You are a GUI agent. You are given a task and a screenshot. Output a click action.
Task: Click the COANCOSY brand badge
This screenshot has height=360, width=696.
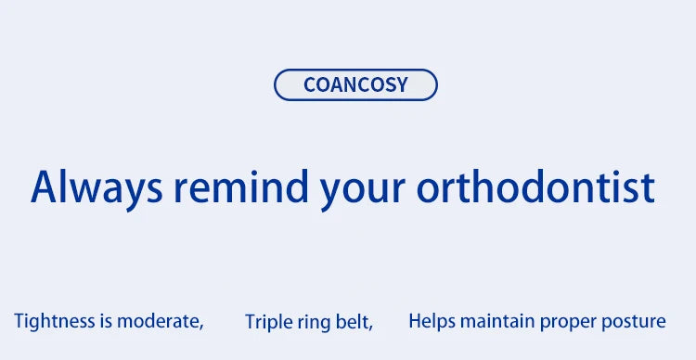355,84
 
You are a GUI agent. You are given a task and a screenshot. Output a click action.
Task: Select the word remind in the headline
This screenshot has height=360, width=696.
240,186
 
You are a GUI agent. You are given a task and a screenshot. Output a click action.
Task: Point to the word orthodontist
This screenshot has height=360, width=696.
535,186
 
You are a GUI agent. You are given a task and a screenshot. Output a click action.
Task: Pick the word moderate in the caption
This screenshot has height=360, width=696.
160,321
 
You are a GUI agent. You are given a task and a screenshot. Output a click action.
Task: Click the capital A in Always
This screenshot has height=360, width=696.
45,186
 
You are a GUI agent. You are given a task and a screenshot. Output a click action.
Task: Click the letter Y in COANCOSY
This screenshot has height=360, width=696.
401,84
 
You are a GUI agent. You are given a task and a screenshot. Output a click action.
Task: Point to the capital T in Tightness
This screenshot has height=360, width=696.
19,321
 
